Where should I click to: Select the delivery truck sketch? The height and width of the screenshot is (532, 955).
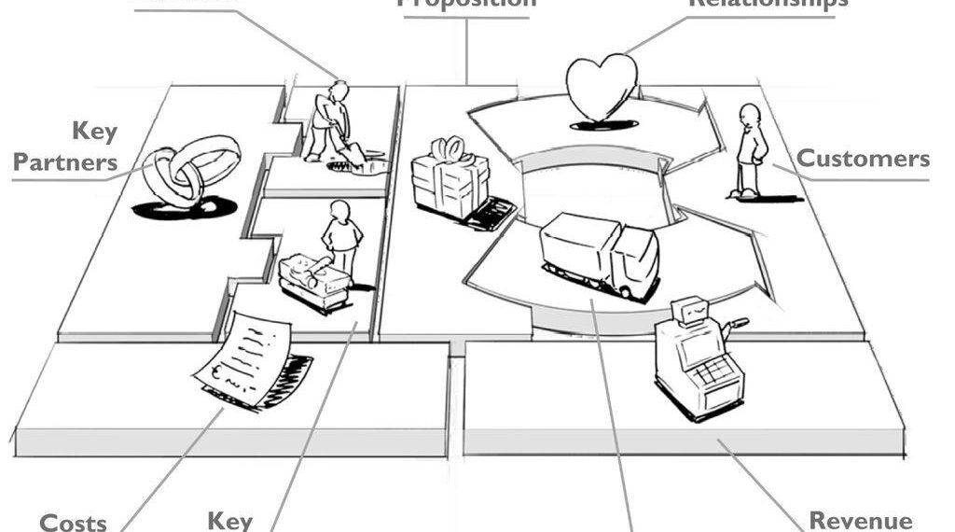click(x=600, y=254)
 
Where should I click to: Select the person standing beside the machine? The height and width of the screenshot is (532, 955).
click(x=341, y=238)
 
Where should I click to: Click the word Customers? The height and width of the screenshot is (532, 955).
click(x=863, y=158)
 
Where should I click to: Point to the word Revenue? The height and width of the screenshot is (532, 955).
click(x=861, y=520)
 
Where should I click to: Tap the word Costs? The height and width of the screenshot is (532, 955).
click(x=73, y=522)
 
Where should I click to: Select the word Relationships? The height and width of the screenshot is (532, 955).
click(x=768, y=3)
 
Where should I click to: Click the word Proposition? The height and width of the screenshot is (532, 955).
click(x=467, y=3)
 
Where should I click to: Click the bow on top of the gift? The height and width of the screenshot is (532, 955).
click(x=450, y=148)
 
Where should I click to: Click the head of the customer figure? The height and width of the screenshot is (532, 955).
click(x=749, y=114)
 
